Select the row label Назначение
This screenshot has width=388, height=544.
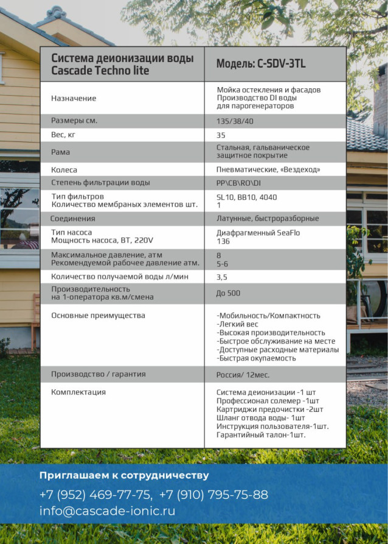pyautogui.click(x=74, y=98)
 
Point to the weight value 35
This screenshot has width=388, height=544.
pyautogui.click(x=221, y=135)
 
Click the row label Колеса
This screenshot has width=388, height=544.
pyautogui.click(x=64, y=170)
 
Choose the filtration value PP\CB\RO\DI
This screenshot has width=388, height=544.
pyautogui.click(x=238, y=183)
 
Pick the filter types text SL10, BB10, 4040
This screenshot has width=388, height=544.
pyautogui.click(x=246, y=197)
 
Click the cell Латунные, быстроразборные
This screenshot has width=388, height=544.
pyautogui.click(x=268, y=219)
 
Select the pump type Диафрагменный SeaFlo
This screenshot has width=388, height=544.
pyautogui.click(x=258, y=233)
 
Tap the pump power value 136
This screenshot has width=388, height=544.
pyautogui.click(x=223, y=241)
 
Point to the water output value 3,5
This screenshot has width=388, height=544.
pyautogui.click(x=222, y=277)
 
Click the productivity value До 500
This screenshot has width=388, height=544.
pyautogui.click(x=228, y=293)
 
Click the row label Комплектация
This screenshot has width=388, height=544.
pyautogui.click(x=78, y=392)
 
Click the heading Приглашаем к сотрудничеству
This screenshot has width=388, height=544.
pyautogui.click(x=124, y=475)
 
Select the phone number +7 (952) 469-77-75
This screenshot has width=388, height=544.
pyautogui.click(x=95, y=495)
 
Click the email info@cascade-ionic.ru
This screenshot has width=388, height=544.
pyautogui.click(x=107, y=511)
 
